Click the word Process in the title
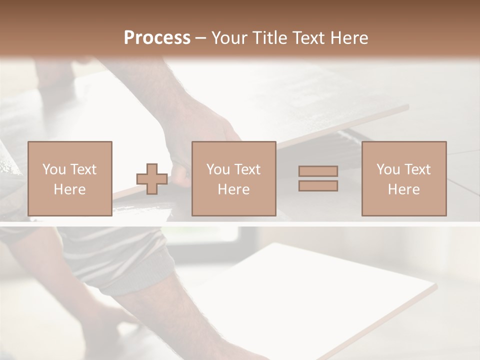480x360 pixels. coord(157,38)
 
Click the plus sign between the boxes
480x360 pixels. coord(152,179)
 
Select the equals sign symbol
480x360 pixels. coord(318,178)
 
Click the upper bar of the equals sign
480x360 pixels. coord(318,171)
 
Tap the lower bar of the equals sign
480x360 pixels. coord(318,185)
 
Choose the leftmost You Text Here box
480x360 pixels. coord(69,178)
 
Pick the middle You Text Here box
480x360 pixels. coord(233,178)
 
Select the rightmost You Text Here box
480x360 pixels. coord(403,178)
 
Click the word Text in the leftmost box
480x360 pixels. coord(83,169)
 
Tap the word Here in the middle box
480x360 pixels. coord(233,189)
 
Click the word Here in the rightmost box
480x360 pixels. coord(403,189)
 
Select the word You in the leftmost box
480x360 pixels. coord(54,169)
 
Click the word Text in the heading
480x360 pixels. coord(307,38)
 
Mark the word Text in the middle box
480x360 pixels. coord(247,169)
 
